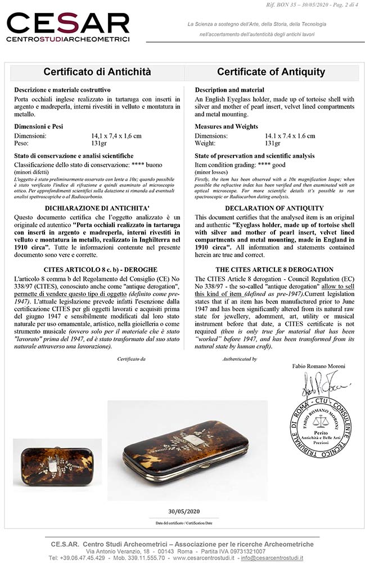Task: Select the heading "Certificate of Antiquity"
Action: coord(271,72)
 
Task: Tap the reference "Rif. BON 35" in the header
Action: coord(287,5)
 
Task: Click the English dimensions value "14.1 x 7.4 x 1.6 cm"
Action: coord(290,136)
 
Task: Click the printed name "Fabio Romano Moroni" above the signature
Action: coord(319,367)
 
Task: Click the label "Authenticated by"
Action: coord(240,359)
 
